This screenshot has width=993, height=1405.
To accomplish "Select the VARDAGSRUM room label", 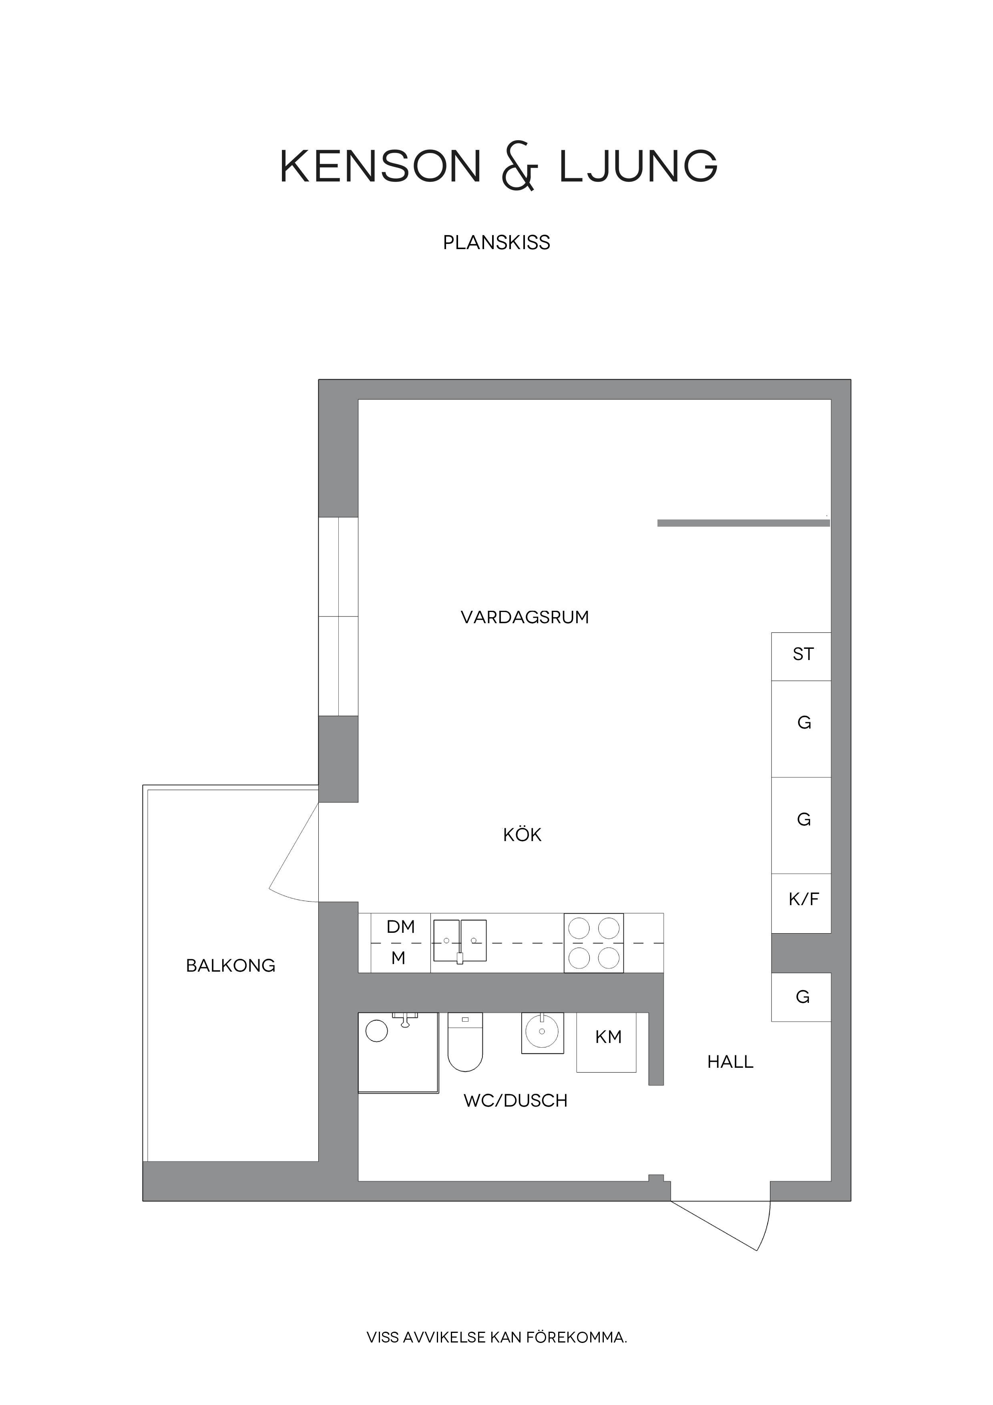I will point(525,618).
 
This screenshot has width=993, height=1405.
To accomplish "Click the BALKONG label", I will point(231,966).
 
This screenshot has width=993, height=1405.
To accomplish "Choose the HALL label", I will point(730,1062).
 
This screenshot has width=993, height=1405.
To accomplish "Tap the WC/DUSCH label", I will point(515,1101).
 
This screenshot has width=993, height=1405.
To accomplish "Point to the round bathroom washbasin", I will point(542,1031).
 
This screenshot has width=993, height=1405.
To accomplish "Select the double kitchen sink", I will point(460,940).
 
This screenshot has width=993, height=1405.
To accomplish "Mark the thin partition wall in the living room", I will point(744,523).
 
